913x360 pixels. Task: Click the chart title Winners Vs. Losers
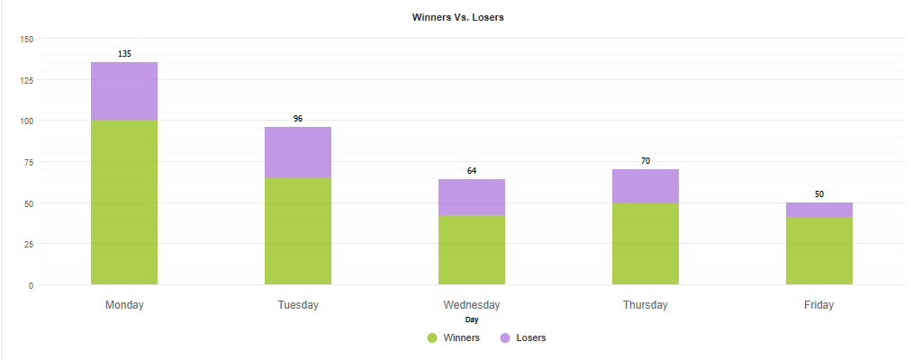[457, 18]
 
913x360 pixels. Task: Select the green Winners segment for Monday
[124, 202]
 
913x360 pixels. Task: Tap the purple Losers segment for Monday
[124, 91]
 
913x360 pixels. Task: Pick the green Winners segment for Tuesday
[298, 231]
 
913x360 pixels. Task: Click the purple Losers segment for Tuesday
[298, 152]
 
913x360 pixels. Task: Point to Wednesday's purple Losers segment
[472, 197]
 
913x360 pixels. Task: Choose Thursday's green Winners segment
[646, 244]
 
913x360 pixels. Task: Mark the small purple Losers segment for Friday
[819, 210]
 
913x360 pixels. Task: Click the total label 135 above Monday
[124, 54]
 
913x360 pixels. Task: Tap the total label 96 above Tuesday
[298, 119]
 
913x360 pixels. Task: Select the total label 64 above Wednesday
[472, 171]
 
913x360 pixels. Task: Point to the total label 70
[646, 161]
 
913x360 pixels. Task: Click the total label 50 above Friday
[819, 194]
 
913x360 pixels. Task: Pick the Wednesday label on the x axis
[472, 305]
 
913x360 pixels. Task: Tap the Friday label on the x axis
[819, 305]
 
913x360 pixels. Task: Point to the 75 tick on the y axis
[28, 162]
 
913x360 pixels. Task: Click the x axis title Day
[472, 319]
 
